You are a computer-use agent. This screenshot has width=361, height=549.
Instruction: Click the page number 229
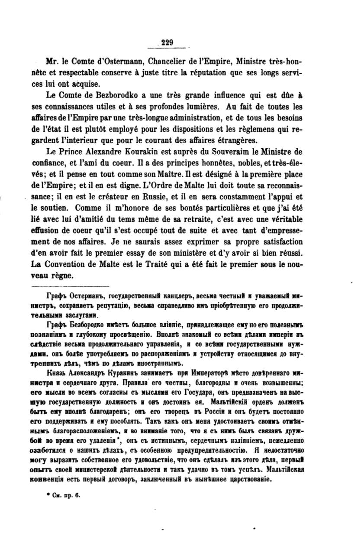click(167, 42)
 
